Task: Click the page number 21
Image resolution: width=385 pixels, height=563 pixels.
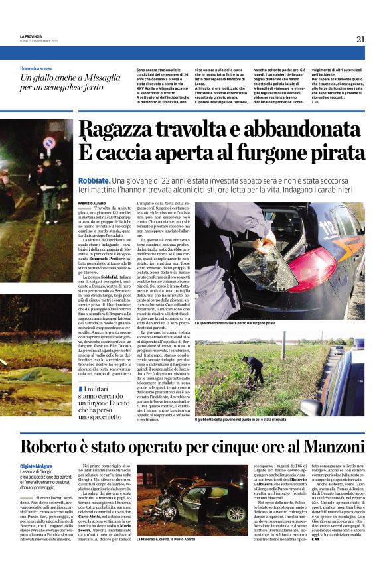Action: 360,39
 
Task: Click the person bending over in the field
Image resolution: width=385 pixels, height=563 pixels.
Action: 255,369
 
